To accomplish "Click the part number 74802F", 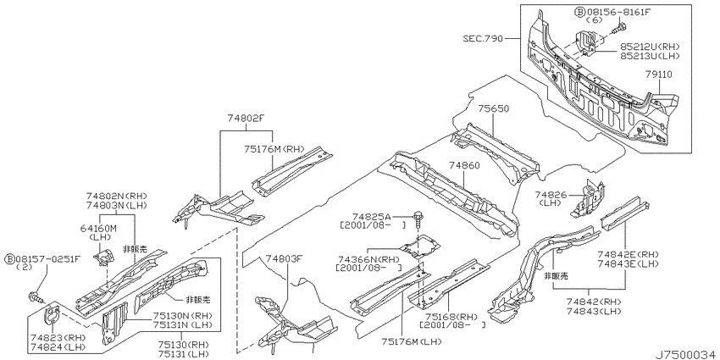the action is point(246,118).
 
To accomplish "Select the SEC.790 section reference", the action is point(483,38).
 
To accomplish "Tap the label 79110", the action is point(658,74).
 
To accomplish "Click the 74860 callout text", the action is point(464,165).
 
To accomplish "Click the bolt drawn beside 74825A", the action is point(418,219).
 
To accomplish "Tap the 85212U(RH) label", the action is point(650,47).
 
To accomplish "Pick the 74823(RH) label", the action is point(58,337).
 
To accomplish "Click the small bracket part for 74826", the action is point(588,198).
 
